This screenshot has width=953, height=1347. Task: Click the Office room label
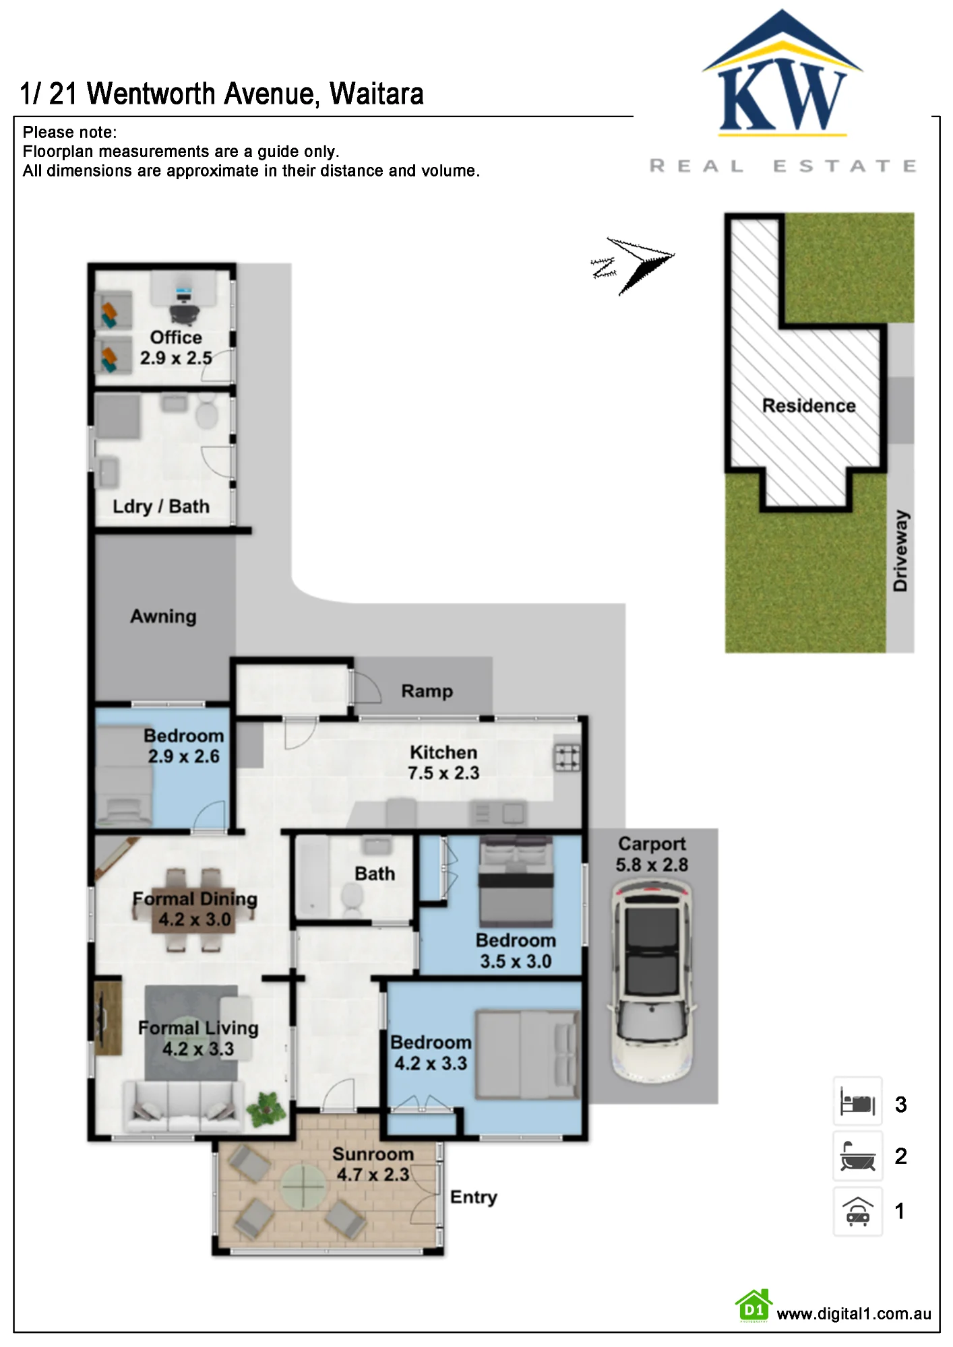point(176,337)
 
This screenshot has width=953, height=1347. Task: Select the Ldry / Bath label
point(161,506)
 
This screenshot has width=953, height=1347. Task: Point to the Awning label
point(163,616)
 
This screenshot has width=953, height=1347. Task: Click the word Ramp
point(427,691)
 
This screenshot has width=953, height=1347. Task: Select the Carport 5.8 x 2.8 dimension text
point(652,854)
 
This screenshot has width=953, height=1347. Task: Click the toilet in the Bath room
point(352,898)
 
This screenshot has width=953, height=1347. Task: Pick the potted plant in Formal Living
point(267,1109)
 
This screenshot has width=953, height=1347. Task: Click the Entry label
point(474,1197)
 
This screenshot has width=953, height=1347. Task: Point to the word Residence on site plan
point(809,405)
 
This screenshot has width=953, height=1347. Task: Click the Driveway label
point(900,551)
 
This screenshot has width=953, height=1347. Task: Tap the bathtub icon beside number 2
point(858,1156)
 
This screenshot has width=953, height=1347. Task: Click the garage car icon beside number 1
point(858,1211)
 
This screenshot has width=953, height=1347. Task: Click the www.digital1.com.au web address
point(854,1314)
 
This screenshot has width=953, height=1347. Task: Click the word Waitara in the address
point(377,94)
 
